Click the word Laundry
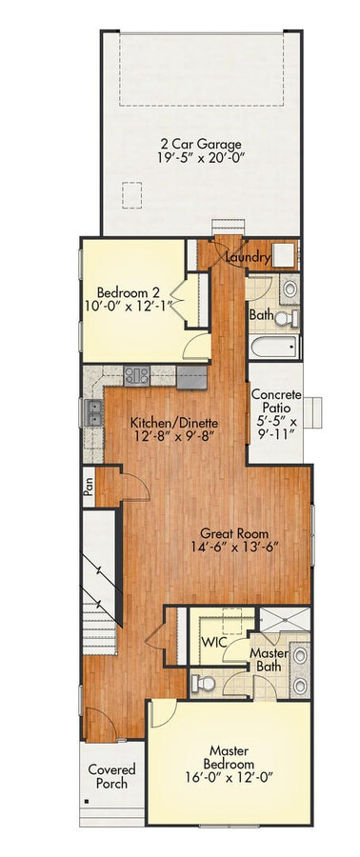point(247,258)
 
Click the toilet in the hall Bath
point(290,315)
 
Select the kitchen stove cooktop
point(134,375)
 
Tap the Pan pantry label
point(89,487)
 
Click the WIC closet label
point(211,642)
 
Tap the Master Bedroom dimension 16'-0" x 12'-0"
point(229,777)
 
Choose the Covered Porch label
point(111,776)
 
